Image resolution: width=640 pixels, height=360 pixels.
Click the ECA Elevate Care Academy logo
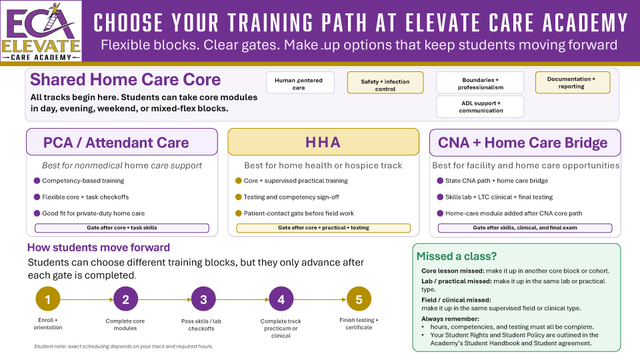[x=41, y=31]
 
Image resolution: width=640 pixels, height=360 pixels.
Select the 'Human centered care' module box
[x=299, y=83]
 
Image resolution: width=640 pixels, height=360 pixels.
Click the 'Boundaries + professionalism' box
[x=480, y=83]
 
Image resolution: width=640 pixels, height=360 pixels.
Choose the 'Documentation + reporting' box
[x=572, y=82]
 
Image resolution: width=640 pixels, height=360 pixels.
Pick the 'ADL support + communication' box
[x=480, y=107]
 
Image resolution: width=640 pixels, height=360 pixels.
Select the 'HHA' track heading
[x=323, y=143]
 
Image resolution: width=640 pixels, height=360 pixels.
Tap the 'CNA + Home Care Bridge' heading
[x=523, y=143]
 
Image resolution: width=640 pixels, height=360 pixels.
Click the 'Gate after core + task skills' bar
[x=121, y=228]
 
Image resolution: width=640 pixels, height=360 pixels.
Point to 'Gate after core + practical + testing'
[x=323, y=228]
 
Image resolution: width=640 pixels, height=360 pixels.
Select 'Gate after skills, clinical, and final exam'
[x=525, y=228]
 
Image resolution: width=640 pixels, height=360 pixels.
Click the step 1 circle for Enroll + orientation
[x=48, y=299]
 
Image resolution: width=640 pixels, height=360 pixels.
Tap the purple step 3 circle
[x=203, y=299]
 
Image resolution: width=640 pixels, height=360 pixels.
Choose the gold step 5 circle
[x=359, y=299]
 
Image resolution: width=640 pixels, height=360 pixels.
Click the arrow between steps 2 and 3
[x=165, y=300]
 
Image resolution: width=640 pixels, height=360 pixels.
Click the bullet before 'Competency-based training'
[x=37, y=181]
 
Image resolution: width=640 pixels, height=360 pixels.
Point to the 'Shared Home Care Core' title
[x=125, y=80]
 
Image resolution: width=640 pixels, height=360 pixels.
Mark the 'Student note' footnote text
[x=123, y=347]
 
